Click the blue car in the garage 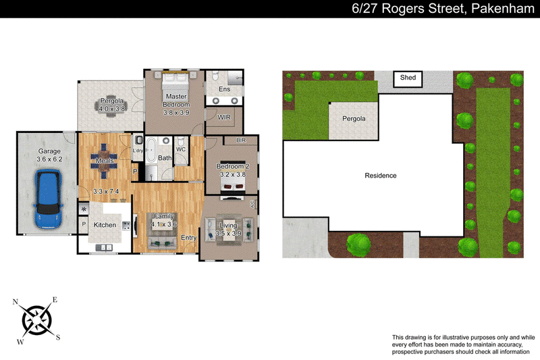point(48,199)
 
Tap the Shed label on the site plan point(408,78)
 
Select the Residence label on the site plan point(381,176)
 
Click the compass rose point(37,320)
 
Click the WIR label point(224,117)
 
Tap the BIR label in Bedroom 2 point(241,140)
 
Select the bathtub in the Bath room point(151,151)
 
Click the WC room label point(181,149)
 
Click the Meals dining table point(104,161)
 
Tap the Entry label point(189,237)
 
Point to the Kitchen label point(105,225)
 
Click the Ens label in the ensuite point(224,89)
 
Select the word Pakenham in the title point(502,8)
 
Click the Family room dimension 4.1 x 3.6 point(164,224)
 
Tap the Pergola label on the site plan point(354,118)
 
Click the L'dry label point(138,151)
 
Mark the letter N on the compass point(15,302)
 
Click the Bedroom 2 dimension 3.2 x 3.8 point(233,174)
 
